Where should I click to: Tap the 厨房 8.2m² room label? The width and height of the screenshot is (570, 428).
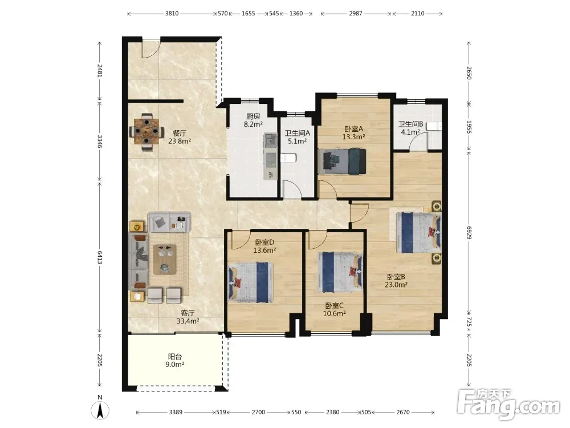click(x=253, y=120)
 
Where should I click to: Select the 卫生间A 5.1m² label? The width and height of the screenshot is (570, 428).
click(x=297, y=137)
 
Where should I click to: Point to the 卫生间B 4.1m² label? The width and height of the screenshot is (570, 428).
click(x=410, y=128)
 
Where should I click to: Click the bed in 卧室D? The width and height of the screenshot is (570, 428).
click(x=250, y=282)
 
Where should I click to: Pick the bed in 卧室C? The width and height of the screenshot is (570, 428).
click(x=340, y=272)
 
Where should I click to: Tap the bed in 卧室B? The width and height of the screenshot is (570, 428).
click(x=419, y=233)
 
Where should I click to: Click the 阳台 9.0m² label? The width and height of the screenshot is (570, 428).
click(x=175, y=360)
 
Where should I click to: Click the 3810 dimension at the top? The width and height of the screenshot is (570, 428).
click(x=172, y=14)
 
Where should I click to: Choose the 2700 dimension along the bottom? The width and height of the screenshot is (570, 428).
click(x=258, y=412)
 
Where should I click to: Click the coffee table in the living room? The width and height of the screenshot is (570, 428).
click(x=165, y=259)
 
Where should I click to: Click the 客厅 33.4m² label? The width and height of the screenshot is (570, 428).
click(x=188, y=317)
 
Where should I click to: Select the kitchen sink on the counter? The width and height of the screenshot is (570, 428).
click(x=270, y=139)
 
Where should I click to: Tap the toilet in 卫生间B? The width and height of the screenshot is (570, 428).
click(x=434, y=127)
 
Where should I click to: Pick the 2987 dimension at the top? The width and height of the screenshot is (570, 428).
click(x=356, y=14)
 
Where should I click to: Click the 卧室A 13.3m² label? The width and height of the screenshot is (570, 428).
click(x=353, y=133)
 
